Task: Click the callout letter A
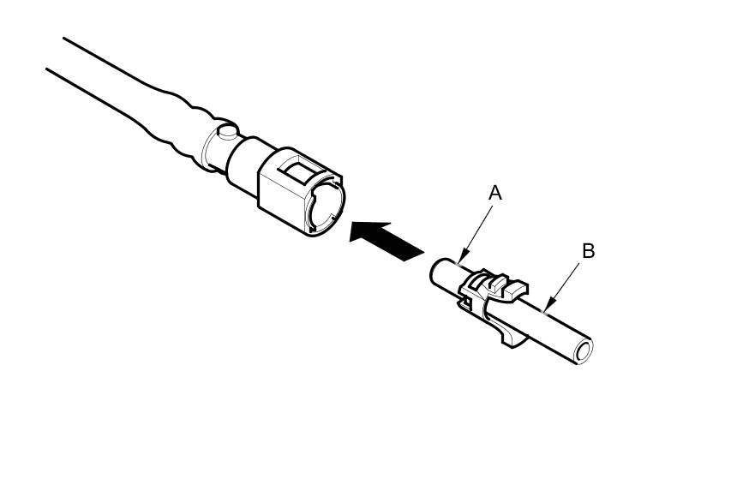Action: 494,194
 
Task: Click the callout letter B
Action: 588,251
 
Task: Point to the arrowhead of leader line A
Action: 460,260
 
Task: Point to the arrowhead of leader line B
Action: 546,306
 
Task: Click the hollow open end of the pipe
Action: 584,350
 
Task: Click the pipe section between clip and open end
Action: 553,330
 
